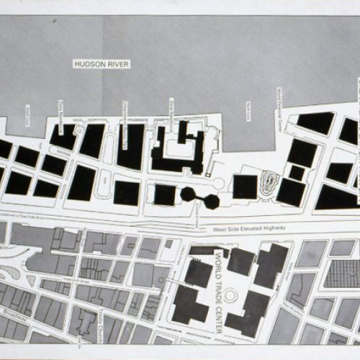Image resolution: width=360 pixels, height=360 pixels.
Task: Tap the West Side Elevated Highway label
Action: click(x=250, y=228)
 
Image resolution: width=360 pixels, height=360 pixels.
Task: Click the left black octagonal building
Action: click(x=188, y=194)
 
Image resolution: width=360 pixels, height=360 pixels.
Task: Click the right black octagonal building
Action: click(x=211, y=202)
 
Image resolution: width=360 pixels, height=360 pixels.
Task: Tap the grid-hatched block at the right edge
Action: click(x=343, y=274)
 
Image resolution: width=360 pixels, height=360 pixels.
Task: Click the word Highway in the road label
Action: click(x=274, y=228)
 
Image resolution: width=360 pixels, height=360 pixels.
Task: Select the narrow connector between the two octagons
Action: click(x=199, y=198)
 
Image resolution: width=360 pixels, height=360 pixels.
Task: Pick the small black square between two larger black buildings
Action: click(x=297, y=173)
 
